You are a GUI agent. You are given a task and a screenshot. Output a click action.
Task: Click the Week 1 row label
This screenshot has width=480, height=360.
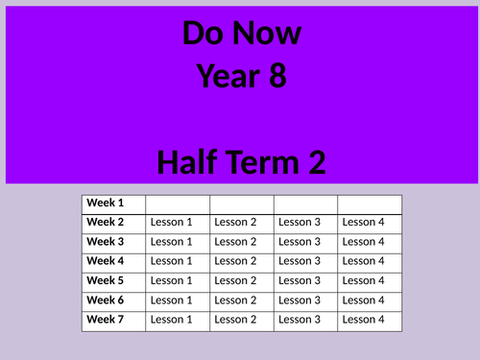click(x=106, y=203)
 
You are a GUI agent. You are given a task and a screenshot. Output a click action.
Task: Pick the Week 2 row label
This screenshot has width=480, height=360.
click(x=106, y=222)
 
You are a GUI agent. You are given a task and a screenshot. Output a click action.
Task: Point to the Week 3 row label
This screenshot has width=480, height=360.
click(x=106, y=241)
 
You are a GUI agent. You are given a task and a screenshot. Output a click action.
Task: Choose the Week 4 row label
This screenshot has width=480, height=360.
click(x=106, y=260)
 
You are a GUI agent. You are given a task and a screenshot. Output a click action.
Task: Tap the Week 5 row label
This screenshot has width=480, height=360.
click(x=106, y=280)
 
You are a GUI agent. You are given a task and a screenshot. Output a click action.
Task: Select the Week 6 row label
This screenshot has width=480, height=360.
click(x=106, y=300)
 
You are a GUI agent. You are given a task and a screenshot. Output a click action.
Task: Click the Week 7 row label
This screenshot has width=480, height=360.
click(x=106, y=319)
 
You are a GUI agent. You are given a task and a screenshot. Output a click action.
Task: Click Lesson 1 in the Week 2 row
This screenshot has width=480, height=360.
click(x=172, y=223)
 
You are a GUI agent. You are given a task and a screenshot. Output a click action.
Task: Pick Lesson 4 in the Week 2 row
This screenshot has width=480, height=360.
click(x=363, y=223)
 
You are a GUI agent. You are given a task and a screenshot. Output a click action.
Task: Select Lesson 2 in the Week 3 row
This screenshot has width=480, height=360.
click(x=235, y=242)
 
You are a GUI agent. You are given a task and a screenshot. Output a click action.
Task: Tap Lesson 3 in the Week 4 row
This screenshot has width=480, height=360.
click(x=300, y=261)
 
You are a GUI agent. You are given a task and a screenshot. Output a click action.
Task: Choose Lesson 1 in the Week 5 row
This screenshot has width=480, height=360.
click(x=172, y=280)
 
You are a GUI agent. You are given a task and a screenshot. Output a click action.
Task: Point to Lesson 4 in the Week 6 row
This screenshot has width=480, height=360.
click(x=363, y=300)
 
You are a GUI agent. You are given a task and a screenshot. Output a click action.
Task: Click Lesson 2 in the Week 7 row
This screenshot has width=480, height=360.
click(x=235, y=320)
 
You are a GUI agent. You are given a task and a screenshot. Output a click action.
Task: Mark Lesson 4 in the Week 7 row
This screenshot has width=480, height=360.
click(x=363, y=320)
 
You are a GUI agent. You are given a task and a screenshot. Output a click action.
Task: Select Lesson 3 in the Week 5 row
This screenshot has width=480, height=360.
click(x=300, y=280)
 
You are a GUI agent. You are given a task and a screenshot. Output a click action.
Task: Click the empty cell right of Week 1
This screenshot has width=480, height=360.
click(x=178, y=204)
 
